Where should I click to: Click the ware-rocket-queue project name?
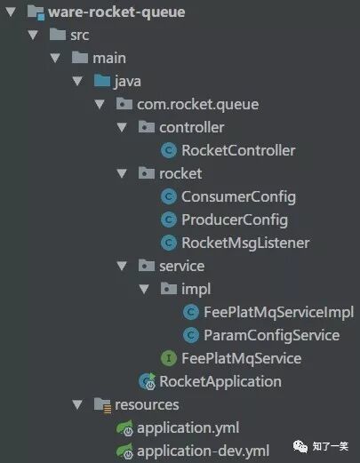116,12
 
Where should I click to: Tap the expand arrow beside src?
33,35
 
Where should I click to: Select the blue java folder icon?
102,81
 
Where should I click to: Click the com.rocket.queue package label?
197,105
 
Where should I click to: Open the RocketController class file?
238,150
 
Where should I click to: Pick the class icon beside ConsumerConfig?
169,196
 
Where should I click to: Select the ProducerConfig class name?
235,220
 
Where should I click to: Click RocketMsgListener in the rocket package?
245,243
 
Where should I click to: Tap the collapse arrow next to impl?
144,289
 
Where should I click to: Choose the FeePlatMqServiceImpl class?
278,312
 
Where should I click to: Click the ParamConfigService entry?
271,336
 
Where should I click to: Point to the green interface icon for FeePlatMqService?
169,358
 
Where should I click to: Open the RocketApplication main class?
220,381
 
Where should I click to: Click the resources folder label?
147,404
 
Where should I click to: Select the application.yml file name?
188,428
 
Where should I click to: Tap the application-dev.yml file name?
203,451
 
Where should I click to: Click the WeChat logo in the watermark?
300,446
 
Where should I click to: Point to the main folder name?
109,58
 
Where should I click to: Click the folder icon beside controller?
147,127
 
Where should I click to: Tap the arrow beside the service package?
122,266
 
